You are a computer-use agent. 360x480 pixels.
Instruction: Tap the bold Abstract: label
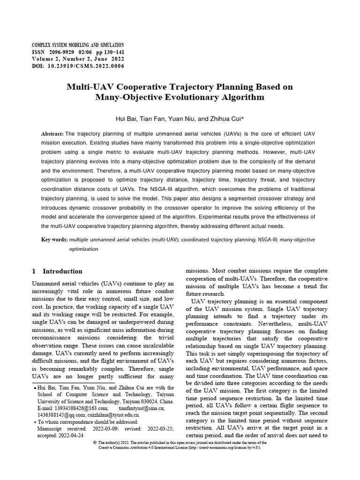pyautogui.click(x=52, y=134)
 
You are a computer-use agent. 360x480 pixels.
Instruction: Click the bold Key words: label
pyautogui.click(x=54, y=240)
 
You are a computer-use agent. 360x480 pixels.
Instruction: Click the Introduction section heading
pyautogui.click(x=62, y=271)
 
